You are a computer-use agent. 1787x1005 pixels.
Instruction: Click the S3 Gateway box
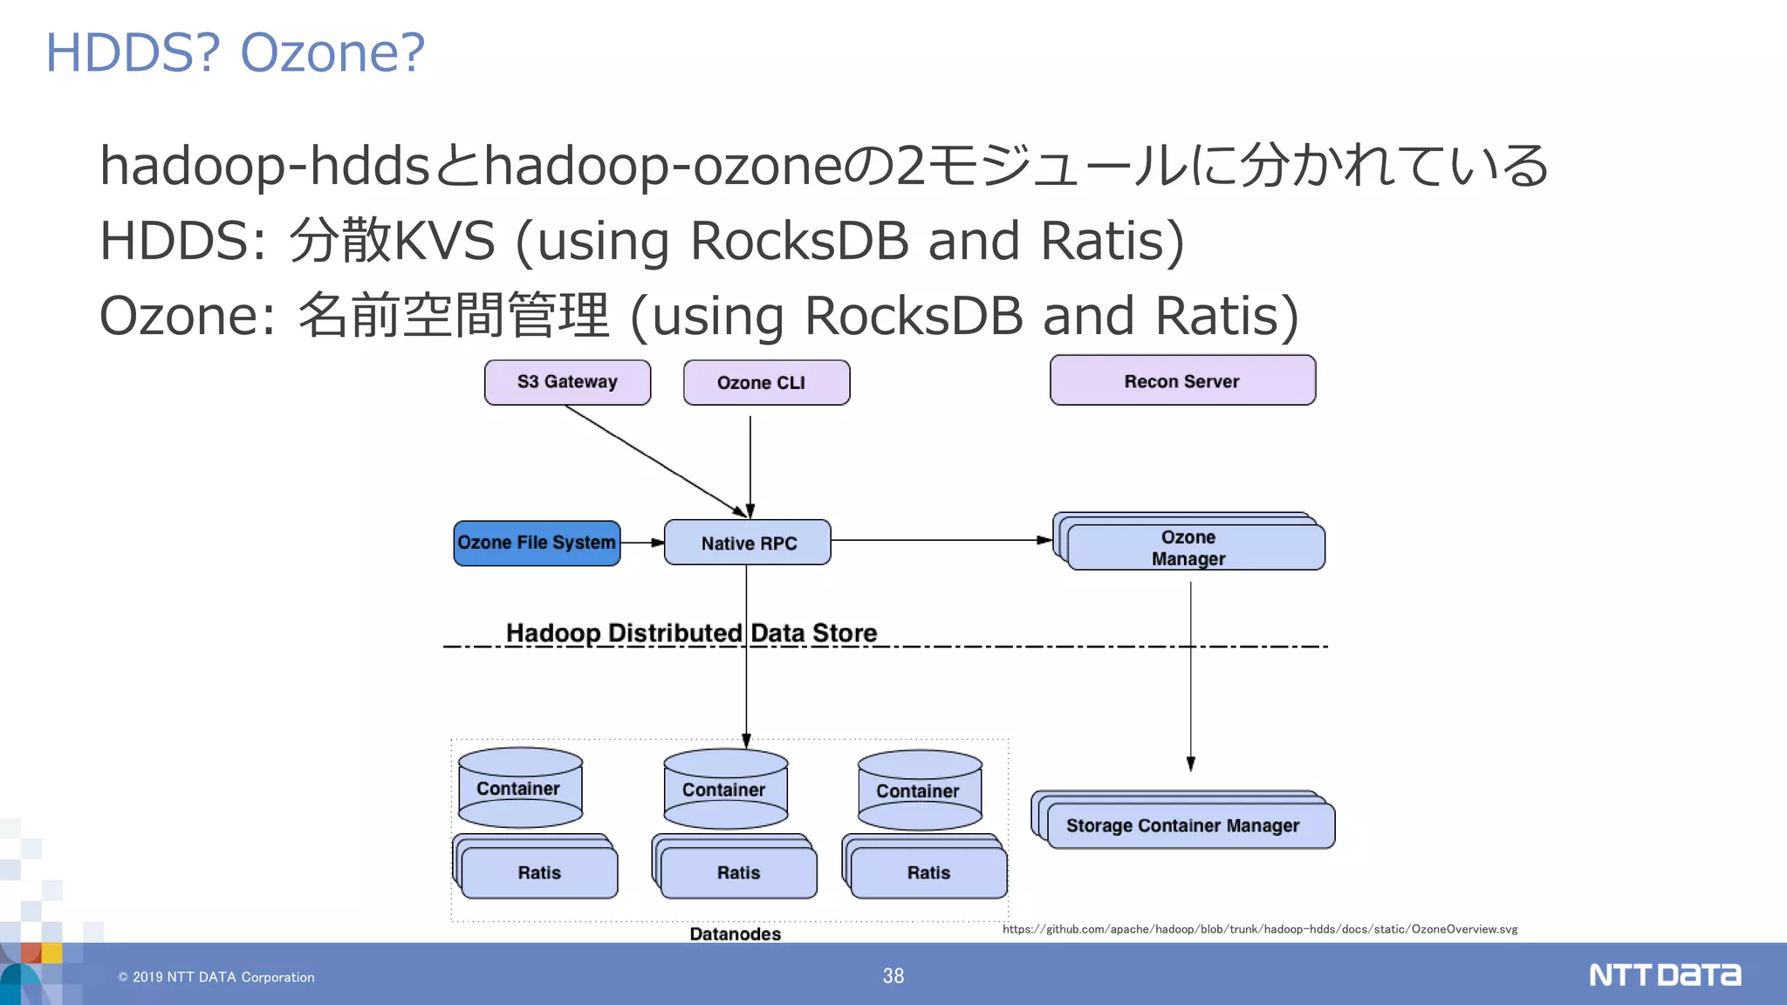tap(567, 382)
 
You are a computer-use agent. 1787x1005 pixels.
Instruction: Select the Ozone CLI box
tap(766, 383)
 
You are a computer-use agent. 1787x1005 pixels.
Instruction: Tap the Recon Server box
tap(1182, 381)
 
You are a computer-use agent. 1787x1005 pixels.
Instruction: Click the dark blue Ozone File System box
tap(537, 543)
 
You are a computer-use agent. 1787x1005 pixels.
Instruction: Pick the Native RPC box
tap(748, 543)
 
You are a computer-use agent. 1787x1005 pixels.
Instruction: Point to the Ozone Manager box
tap(1195, 548)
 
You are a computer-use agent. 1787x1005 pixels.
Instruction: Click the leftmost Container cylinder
tap(520, 788)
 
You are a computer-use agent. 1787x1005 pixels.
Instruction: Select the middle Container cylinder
tap(725, 790)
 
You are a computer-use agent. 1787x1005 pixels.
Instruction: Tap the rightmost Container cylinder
tap(920, 790)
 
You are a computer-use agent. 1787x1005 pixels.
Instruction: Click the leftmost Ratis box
tap(538, 872)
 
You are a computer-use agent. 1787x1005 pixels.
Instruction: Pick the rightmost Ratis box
tap(928, 872)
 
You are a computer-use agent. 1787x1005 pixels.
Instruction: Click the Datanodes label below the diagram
tap(735, 933)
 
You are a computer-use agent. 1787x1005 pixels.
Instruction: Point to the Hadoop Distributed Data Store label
tap(691, 632)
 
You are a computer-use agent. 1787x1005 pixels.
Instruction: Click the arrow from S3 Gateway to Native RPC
tap(654, 460)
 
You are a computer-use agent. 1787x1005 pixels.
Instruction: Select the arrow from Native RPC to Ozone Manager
tap(938, 540)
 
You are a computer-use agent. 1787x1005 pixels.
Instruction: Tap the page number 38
tap(893, 975)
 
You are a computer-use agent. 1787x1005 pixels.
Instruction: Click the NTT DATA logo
tap(1664, 974)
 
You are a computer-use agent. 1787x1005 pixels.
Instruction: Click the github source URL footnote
tap(1259, 929)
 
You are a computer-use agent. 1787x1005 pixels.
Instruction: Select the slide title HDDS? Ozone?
tap(235, 52)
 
